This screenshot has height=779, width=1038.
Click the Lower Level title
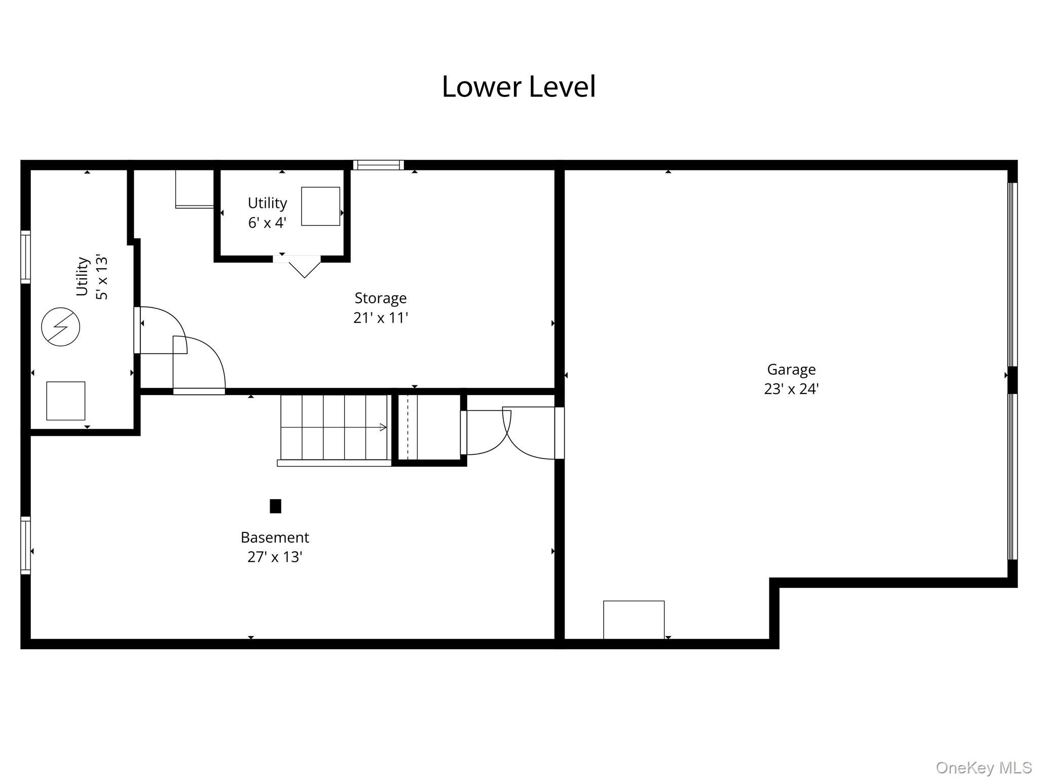[518, 87]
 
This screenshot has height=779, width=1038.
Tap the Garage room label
[791, 370]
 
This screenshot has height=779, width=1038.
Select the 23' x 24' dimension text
[791, 389]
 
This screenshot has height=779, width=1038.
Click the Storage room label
[380, 298]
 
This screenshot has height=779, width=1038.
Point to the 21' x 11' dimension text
[380, 317]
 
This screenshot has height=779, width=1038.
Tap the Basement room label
[275, 537]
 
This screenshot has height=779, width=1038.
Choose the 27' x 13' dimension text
[275, 557]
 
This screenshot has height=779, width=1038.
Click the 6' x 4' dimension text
[267, 223]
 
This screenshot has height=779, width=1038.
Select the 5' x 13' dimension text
[102, 277]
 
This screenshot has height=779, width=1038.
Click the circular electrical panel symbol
[60, 327]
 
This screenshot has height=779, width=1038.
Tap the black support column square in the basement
[275, 506]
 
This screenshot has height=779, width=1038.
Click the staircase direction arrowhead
[383, 428]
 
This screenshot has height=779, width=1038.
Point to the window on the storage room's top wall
[379, 165]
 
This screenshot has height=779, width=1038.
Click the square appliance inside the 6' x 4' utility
[320, 206]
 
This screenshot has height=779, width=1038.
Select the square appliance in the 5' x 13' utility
[66, 401]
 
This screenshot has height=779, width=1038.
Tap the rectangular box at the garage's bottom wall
[634, 620]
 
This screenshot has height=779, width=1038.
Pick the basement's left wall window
[25, 545]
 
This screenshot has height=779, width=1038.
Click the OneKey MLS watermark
[984, 768]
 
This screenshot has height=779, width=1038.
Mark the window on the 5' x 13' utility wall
[25, 257]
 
